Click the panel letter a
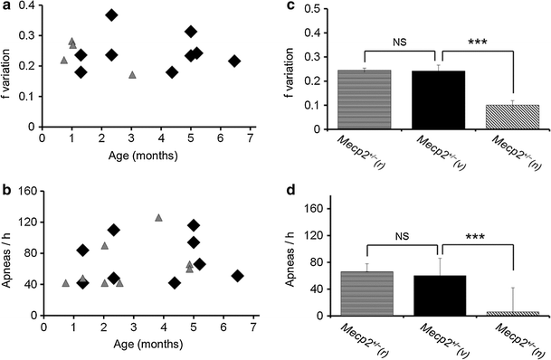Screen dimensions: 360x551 6,7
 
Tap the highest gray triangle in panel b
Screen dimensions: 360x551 158,217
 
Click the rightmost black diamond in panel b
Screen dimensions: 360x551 237,276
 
